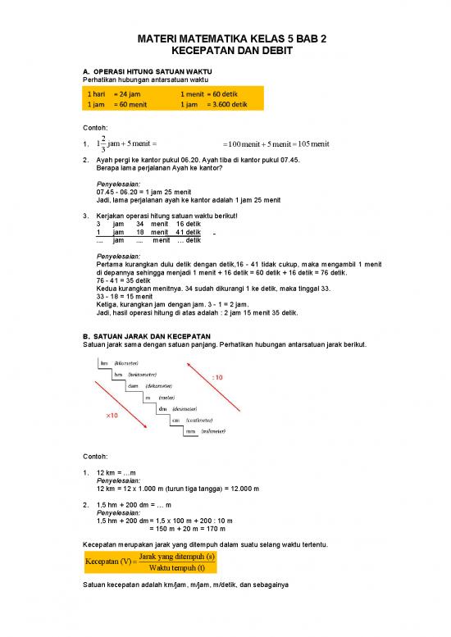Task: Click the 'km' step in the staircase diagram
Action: point(104,362)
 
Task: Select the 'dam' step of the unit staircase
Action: point(133,385)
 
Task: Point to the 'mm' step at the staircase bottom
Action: point(190,430)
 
